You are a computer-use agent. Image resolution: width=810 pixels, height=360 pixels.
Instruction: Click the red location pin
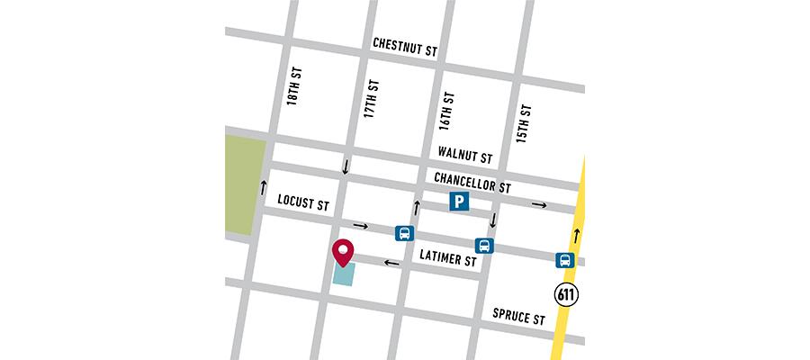[x=343, y=253]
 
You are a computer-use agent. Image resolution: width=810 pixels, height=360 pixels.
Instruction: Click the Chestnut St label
[x=405, y=48]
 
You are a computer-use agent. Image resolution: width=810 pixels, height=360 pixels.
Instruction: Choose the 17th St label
[x=371, y=99]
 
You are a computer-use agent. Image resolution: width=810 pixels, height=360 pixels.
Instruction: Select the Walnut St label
[x=463, y=155]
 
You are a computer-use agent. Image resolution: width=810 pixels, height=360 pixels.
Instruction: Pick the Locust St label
[x=303, y=202]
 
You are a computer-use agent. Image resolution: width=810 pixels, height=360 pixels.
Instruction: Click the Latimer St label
[x=447, y=259]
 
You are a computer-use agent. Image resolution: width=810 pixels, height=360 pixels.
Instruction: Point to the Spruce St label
[x=518, y=317]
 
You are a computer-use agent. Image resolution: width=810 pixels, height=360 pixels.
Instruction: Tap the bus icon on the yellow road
[x=564, y=261]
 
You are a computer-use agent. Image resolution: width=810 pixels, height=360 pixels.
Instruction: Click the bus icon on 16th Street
[x=404, y=233]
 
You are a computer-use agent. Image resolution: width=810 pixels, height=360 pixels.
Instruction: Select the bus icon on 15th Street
[x=484, y=246]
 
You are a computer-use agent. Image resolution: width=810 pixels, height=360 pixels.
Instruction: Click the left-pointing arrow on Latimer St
[x=391, y=263]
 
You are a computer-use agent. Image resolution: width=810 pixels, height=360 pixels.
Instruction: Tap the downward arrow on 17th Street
[x=345, y=167]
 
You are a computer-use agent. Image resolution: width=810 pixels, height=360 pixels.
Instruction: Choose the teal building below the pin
[x=344, y=274]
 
